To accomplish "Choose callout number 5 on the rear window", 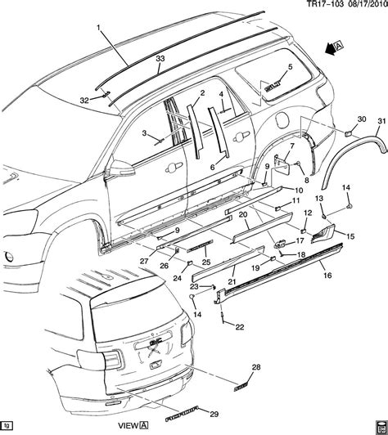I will coord(289,67).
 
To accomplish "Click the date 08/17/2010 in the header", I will coord(358,6).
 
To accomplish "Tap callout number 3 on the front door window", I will coord(142,133).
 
